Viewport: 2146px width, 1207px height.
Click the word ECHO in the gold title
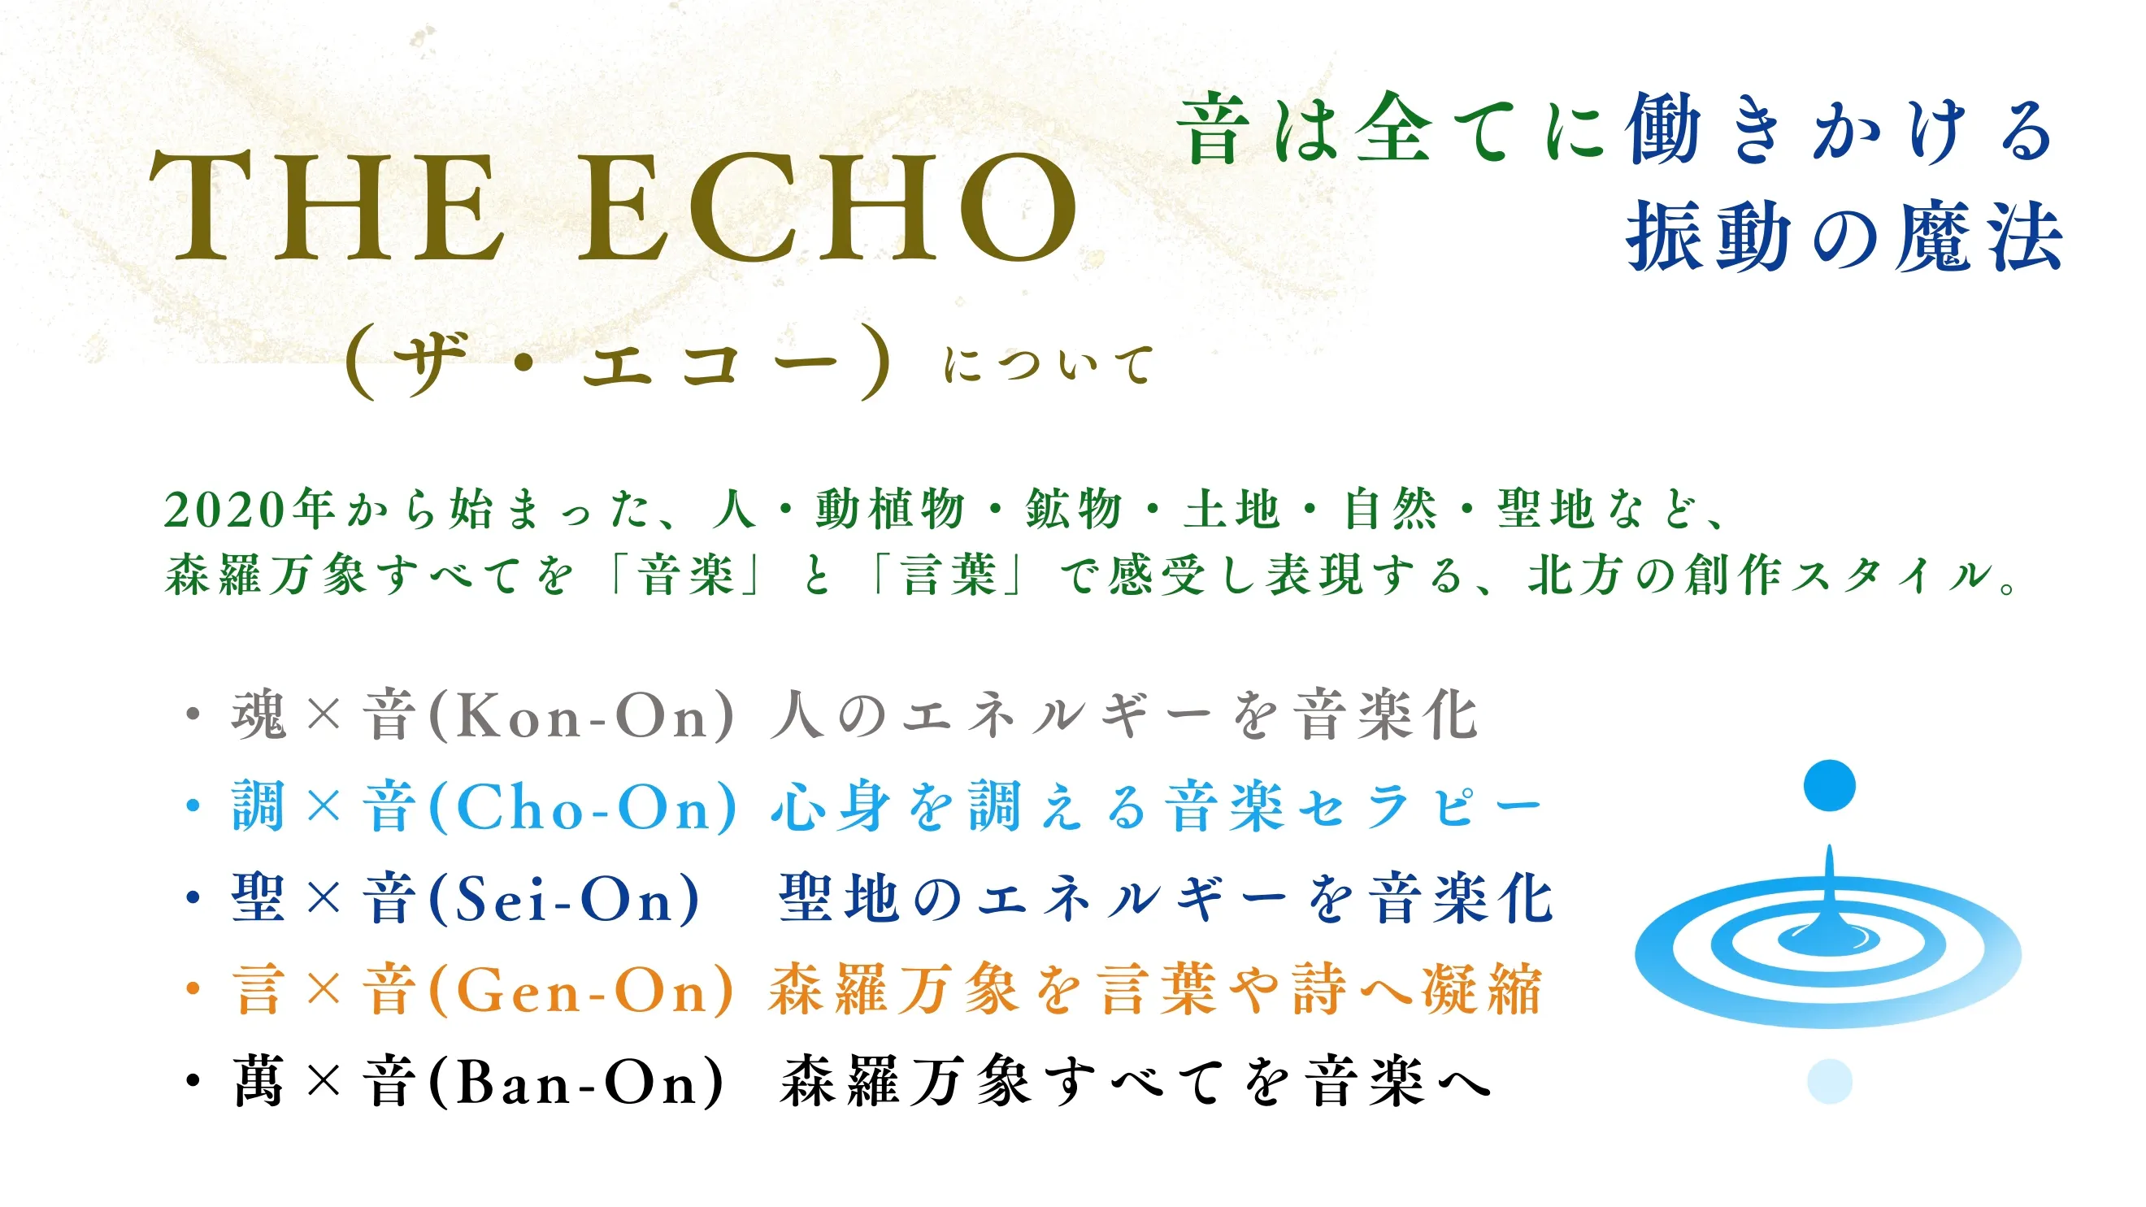828,206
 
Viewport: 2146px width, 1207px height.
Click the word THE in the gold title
327,206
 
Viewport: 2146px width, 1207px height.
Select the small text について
1049,366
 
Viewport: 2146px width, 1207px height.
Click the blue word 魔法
1979,237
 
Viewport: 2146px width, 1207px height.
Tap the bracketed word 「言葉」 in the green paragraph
948,575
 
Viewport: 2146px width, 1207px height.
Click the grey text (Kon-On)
581,715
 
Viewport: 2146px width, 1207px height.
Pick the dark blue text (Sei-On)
564,899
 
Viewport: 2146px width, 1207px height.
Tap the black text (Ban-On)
576,1082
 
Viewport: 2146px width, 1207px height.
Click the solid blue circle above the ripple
1830,784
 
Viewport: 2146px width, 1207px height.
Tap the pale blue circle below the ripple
1830,1081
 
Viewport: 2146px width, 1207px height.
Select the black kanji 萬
259,1081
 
